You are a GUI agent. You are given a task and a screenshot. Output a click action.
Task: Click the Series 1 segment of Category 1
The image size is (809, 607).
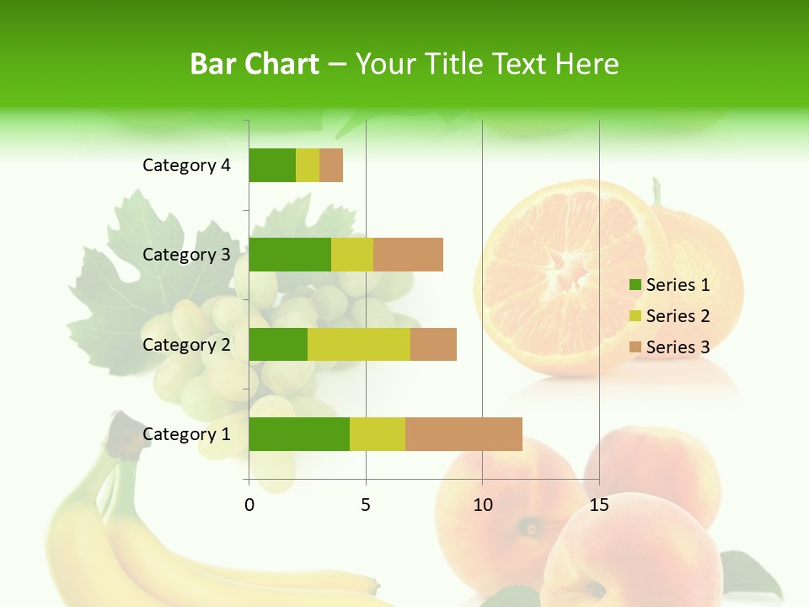[x=299, y=434]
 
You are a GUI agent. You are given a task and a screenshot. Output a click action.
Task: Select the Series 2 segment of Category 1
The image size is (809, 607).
[x=378, y=434]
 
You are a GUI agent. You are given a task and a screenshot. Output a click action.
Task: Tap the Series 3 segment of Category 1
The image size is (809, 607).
[x=463, y=434]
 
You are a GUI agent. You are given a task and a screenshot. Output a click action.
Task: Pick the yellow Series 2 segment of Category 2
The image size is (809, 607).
[x=359, y=344]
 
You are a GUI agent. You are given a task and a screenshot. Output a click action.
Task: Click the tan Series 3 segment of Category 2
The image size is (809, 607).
[x=433, y=344]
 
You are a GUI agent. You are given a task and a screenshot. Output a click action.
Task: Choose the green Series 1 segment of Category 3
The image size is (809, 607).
[x=290, y=255]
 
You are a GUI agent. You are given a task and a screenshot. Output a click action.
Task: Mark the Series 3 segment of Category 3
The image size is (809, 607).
[x=408, y=255]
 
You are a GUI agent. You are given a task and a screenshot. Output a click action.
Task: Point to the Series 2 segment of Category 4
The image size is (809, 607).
[x=308, y=165]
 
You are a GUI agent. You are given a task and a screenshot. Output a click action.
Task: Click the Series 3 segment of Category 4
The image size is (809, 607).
[x=331, y=165]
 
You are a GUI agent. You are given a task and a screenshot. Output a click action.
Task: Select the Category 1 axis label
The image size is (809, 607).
[x=186, y=434]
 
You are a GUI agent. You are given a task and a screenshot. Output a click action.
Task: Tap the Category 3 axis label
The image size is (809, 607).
[x=186, y=255]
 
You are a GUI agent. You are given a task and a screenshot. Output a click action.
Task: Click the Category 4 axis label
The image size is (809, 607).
[x=186, y=165]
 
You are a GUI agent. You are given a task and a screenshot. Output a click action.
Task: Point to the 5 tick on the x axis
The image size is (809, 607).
[x=366, y=505]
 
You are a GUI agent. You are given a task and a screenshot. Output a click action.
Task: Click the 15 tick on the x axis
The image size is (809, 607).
[x=598, y=505]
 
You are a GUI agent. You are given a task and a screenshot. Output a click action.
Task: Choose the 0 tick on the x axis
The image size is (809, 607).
[x=249, y=505]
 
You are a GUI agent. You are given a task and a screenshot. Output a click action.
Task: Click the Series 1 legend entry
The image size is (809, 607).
[x=669, y=285]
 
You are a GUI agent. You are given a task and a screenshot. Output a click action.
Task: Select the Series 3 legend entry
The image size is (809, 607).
[x=669, y=347]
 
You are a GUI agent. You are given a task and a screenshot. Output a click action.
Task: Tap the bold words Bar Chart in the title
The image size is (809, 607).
[x=254, y=64]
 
